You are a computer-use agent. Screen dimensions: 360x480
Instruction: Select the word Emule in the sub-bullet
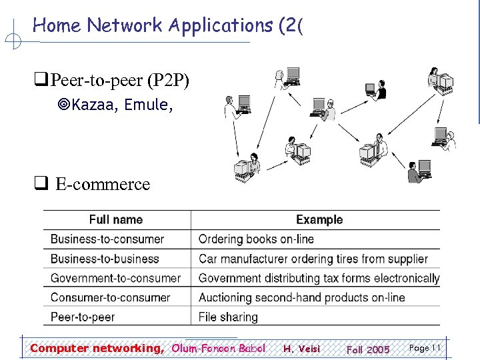[x=149, y=105]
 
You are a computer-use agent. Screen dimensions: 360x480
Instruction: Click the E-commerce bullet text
[x=103, y=184]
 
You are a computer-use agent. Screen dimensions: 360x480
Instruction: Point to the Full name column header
[x=115, y=219]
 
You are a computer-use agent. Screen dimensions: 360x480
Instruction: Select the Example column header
[x=319, y=219]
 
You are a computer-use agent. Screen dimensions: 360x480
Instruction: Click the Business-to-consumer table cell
[x=107, y=239]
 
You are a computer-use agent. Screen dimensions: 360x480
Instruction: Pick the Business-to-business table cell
[x=105, y=259]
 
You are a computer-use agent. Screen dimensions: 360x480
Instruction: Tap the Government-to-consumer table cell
[x=116, y=278]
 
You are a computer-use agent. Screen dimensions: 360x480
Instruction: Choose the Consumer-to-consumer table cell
[x=111, y=297]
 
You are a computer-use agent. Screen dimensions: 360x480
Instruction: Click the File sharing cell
[x=228, y=317]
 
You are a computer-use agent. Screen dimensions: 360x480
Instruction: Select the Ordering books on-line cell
[x=256, y=239]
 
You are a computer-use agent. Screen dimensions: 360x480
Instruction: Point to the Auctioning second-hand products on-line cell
[x=301, y=297]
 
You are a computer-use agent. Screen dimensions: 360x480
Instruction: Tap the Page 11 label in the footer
[x=425, y=348]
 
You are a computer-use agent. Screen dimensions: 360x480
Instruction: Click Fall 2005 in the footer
[x=368, y=349]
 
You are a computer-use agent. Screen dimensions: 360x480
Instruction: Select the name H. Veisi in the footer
[x=301, y=349]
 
